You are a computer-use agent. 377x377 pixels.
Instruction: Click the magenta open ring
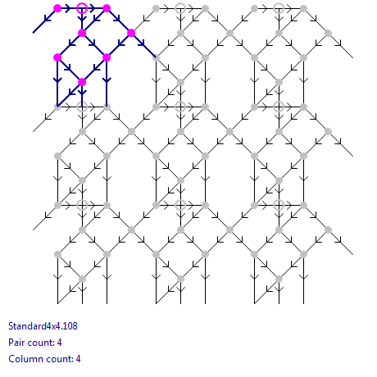(82, 8)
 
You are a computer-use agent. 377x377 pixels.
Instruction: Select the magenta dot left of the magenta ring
(57, 8)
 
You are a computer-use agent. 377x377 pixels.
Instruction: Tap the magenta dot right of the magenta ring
(107, 8)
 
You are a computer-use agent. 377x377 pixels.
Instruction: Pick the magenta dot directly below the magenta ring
(82, 33)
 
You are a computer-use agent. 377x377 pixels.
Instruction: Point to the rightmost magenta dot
(131, 33)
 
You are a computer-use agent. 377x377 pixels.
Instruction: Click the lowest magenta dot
(82, 82)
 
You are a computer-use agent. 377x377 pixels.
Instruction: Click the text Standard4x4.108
(43, 326)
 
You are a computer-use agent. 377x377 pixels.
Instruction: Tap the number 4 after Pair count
(59, 343)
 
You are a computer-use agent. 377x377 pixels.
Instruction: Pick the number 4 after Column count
(78, 359)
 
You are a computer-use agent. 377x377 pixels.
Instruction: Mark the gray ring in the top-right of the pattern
(279, 8)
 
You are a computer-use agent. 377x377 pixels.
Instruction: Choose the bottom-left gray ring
(82, 205)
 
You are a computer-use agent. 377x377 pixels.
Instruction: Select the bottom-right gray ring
(279, 205)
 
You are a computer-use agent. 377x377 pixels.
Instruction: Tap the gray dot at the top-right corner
(303, 8)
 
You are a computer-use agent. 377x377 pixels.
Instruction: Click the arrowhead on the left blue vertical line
(57, 80)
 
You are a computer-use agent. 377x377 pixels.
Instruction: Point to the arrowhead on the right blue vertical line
(107, 80)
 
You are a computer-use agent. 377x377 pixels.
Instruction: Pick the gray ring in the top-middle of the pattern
(180, 8)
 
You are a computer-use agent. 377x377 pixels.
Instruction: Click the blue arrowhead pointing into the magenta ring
(67, 8)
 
